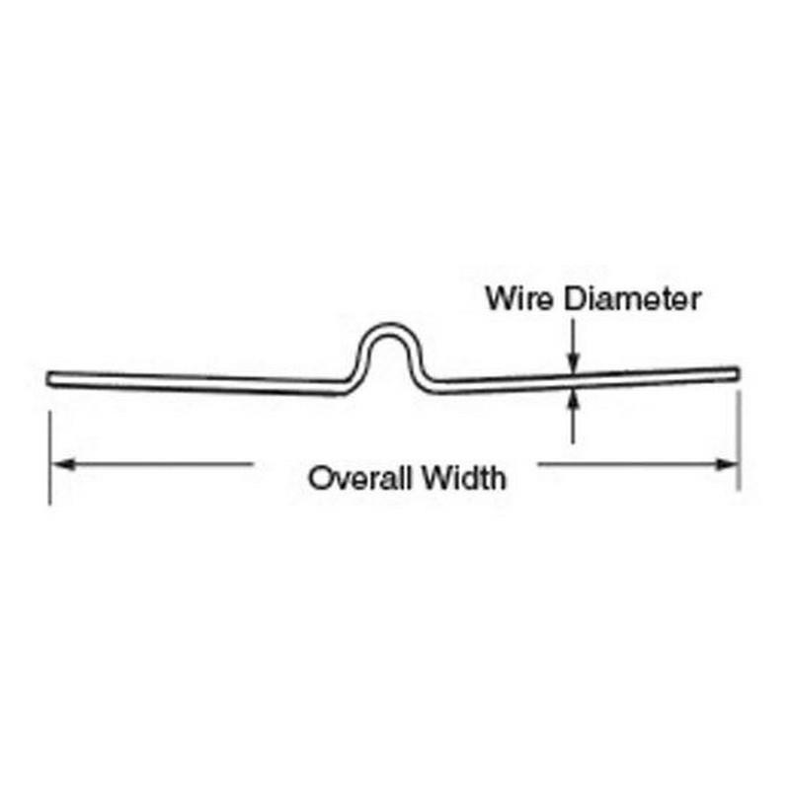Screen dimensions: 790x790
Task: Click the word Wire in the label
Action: pyautogui.click(x=519, y=298)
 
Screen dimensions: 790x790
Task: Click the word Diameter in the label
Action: pyautogui.click(x=632, y=298)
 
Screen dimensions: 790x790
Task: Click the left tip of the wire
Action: pyautogui.click(x=46, y=379)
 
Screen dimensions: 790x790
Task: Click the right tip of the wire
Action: pyautogui.click(x=739, y=374)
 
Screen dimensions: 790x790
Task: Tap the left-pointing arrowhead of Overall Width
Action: pyautogui.click(x=63, y=463)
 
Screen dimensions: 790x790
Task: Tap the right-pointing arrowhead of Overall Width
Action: pyautogui.click(x=727, y=464)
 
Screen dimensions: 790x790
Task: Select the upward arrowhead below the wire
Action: pyautogui.click(x=573, y=401)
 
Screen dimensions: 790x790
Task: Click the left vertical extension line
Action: pyautogui.click(x=49, y=457)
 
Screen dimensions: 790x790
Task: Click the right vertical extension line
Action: pyautogui.click(x=739, y=440)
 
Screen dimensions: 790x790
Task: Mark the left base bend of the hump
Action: pyautogui.click(x=350, y=385)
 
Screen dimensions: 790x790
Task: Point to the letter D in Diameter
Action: pyautogui.click(x=574, y=298)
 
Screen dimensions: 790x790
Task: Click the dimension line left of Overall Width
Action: pyautogui.click(x=152, y=463)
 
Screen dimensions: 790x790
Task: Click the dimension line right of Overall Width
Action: pyautogui.click(x=638, y=464)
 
